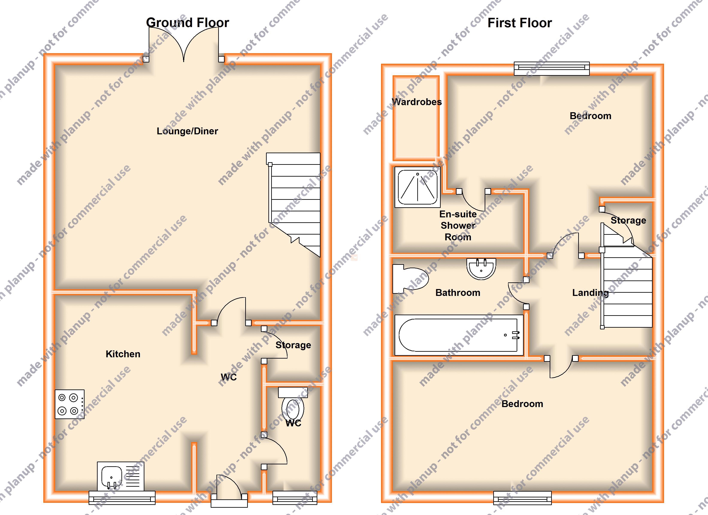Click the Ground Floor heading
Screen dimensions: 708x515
click(188, 23)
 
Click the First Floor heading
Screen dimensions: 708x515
click(520, 23)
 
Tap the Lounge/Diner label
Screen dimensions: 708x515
click(187, 131)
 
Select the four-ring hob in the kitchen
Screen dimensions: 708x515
click(70, 404)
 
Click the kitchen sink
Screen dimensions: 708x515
click(121, 476)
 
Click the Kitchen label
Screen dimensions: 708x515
click(123, 354)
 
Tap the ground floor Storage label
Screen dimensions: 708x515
click(293, 345)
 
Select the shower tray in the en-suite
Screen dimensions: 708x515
click(417, 187)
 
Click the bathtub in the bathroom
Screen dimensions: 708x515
click(459, 335)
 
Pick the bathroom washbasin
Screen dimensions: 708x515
click(481, 269)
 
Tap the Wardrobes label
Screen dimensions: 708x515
click(417, 102)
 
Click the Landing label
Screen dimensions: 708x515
click(590, 293)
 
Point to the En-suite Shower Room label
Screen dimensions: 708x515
click(458, 226)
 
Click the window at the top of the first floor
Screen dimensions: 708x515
click(552, 68)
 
